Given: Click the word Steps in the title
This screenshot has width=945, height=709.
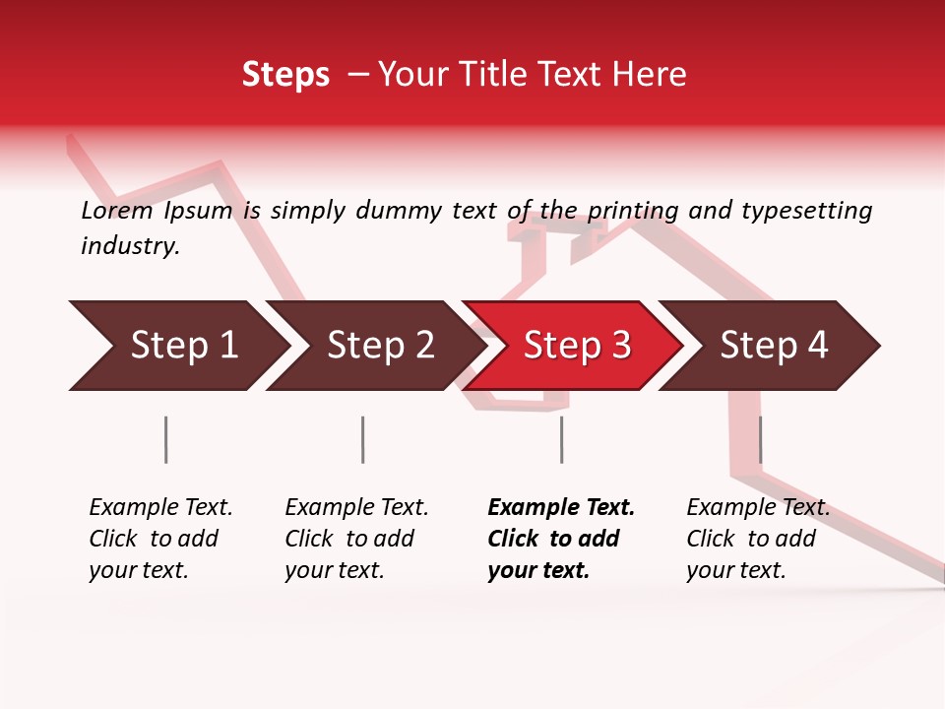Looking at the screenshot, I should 285,74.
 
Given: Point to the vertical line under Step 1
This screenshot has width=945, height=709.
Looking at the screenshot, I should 166,439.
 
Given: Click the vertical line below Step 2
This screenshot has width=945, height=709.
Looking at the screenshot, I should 363,439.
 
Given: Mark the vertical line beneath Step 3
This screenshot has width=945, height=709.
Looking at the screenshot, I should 562,439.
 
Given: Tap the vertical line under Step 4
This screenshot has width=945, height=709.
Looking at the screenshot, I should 761,439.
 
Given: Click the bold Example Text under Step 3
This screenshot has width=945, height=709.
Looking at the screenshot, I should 561,508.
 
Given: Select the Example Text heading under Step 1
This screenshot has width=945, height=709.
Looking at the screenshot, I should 160,508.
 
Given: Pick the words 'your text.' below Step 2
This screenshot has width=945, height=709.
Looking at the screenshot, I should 334,570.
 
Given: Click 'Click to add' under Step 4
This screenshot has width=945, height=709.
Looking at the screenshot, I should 751,539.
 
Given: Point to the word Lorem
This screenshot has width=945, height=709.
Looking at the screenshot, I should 117,211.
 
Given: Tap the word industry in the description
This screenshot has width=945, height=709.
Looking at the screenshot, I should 130,246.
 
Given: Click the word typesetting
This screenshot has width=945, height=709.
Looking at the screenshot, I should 806,211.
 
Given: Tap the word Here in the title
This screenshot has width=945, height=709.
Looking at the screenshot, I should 650,74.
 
